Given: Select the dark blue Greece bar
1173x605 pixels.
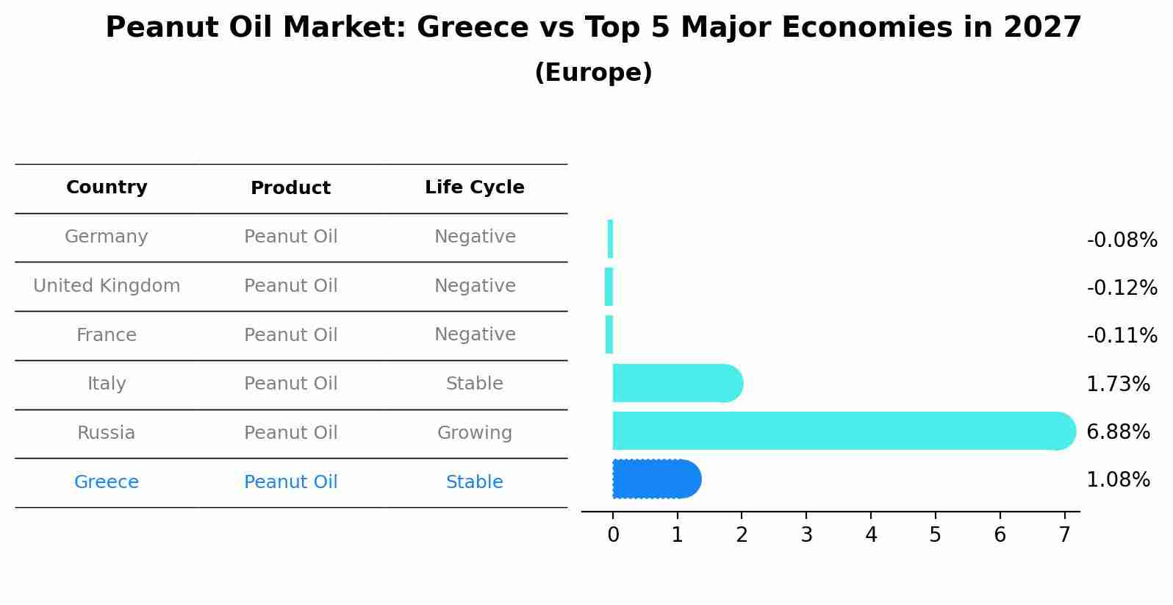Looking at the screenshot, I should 656,479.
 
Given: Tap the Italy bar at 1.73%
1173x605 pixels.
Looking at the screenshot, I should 677,383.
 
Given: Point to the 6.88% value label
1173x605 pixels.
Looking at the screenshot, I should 1118,432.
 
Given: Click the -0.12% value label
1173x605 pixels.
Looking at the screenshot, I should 1122,287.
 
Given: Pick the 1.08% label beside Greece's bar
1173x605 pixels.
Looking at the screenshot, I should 1118,480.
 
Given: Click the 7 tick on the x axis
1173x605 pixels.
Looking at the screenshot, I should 1064,535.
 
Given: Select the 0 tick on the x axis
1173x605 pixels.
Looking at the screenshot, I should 613,535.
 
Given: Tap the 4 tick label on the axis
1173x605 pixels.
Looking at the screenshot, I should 871,535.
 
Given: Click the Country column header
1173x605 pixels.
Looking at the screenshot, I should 107,187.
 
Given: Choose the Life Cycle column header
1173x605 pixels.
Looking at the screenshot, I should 475,187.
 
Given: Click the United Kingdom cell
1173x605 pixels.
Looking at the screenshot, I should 107,286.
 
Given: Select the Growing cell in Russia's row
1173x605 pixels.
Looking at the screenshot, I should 475,433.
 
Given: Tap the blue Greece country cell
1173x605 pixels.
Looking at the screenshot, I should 107,482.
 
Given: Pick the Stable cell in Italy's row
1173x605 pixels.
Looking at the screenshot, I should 475,384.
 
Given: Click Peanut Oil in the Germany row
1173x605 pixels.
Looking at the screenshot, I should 291,237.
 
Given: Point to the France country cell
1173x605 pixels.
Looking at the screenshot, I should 107,335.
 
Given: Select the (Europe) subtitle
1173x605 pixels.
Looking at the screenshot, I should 593,73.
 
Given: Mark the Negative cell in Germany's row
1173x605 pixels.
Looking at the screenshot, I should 475,237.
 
